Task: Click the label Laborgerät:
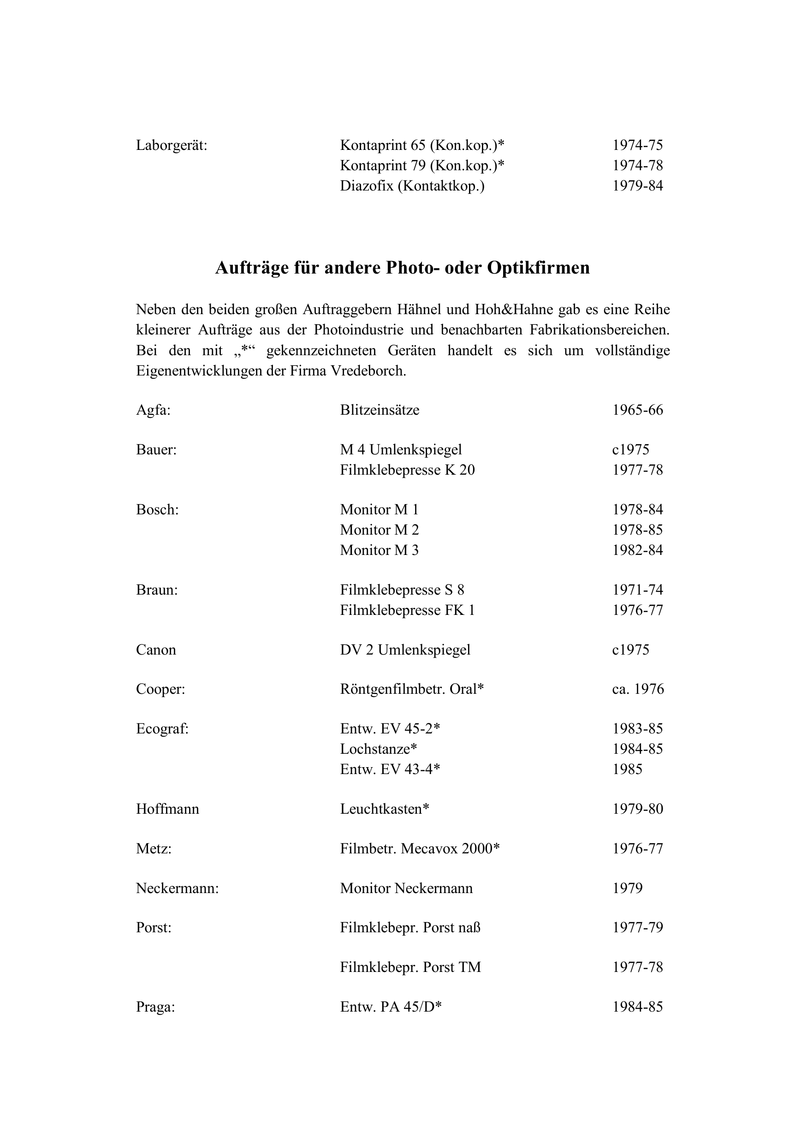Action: pos(172,145)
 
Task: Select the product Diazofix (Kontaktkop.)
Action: pos(412,186)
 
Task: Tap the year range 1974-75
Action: pos(638,145)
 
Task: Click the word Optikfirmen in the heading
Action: pos(538,268)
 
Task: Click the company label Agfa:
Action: pos(153,410)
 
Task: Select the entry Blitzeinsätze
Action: pos(380,410)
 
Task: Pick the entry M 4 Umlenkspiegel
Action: pos(401,449)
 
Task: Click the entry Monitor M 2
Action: pos(379,530)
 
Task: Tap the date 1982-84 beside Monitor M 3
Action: pos(638,550)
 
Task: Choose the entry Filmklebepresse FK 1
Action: pos(408,610)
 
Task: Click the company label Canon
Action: pos(156,650)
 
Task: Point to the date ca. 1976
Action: pos(638,689)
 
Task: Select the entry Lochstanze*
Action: pos(379,749)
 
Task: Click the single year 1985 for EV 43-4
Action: pos(628,769)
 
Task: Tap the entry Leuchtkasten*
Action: pos(385,809)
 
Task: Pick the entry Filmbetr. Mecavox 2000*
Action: pos(420,848)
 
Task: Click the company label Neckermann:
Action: pos(178,888)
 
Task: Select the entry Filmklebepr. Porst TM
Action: pos(410,967)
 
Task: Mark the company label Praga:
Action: pos(155,1007)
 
